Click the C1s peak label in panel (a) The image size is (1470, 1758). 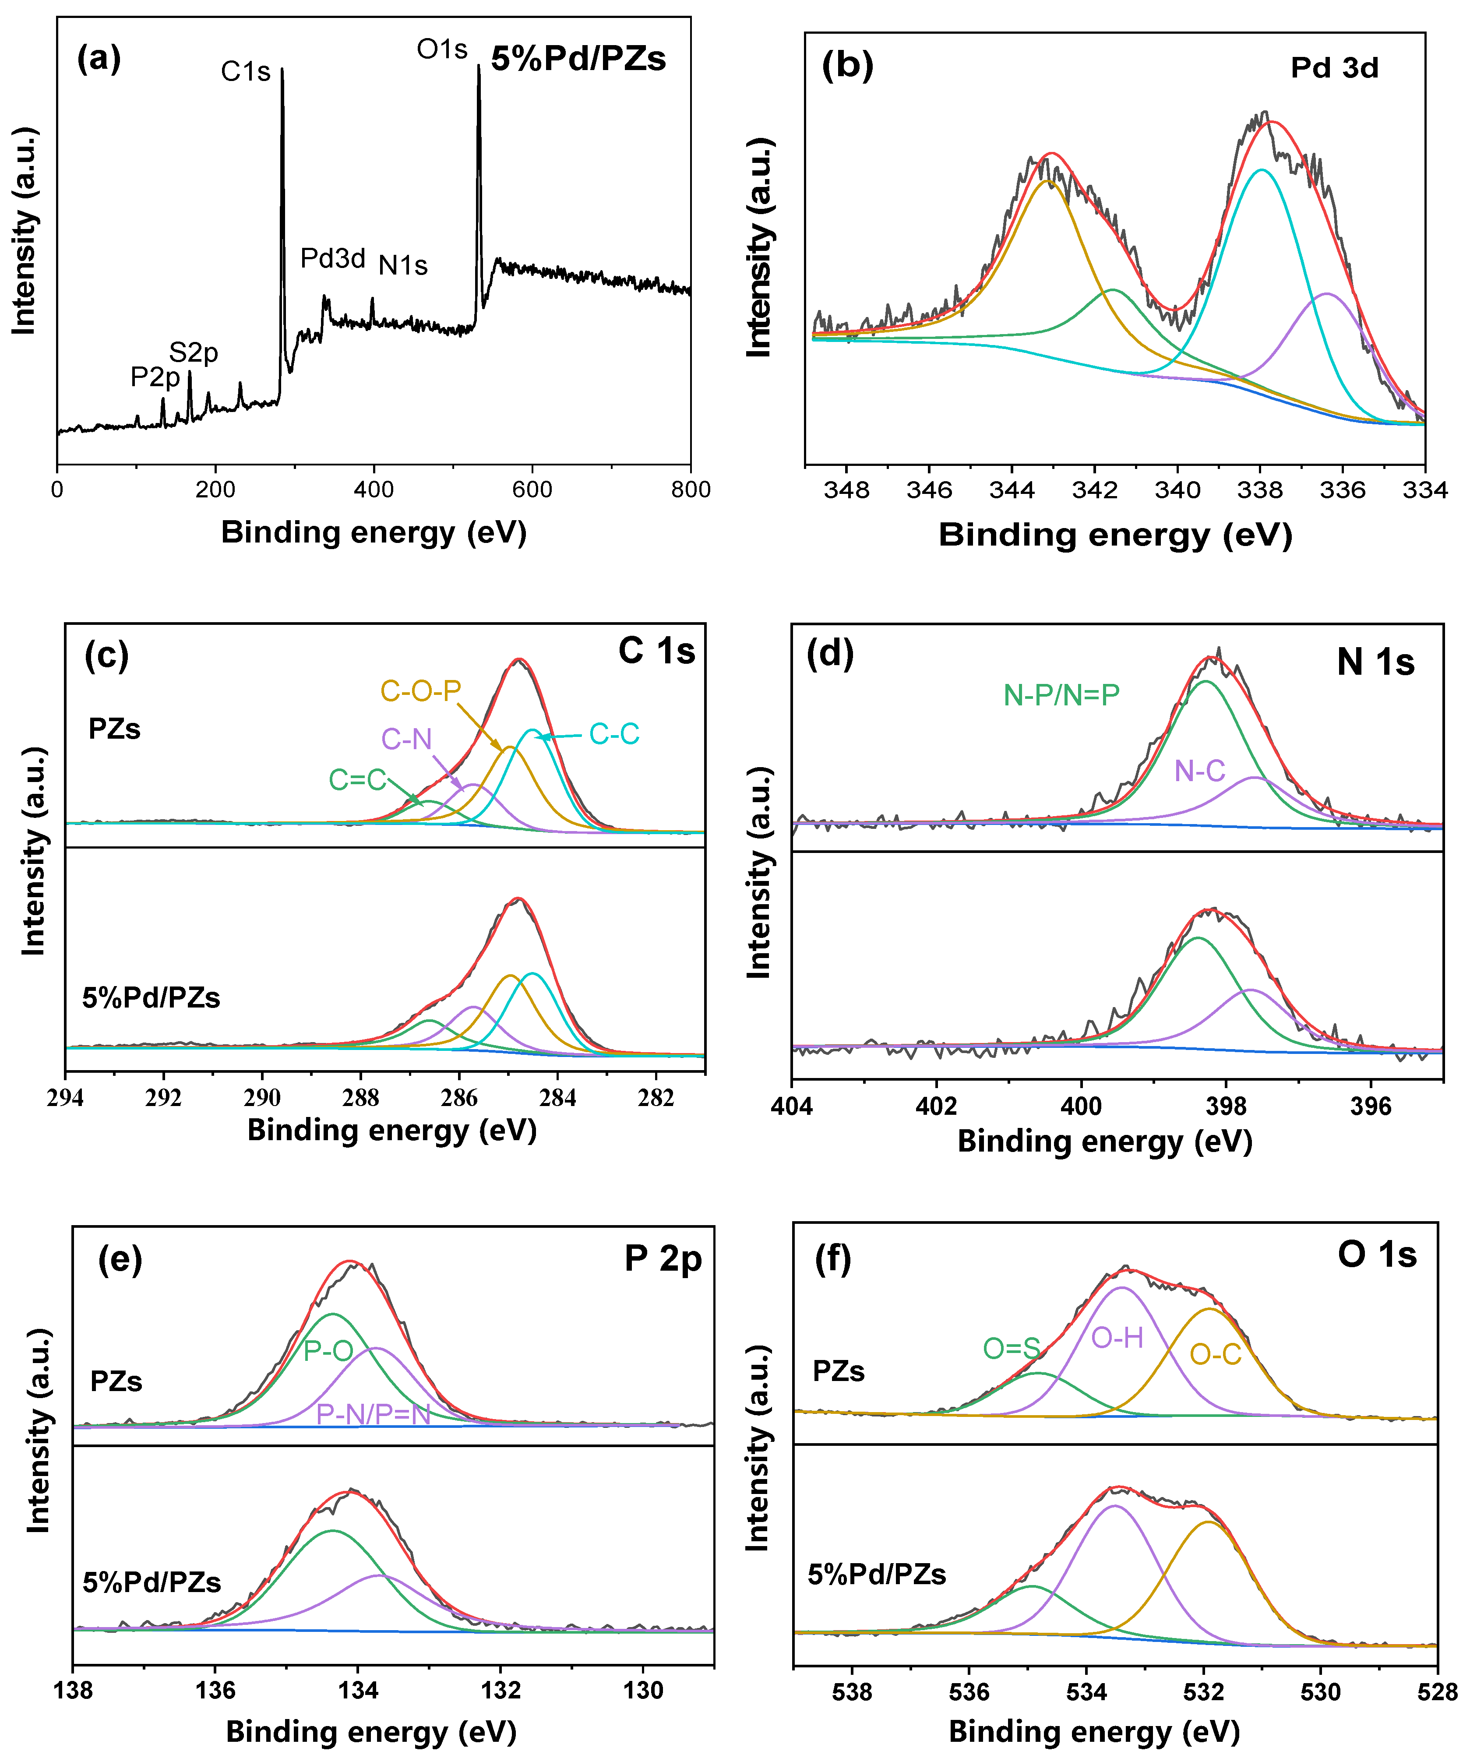coord(245,71)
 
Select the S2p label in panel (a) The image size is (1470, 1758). coord(194,352)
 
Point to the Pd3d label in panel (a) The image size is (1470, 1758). coord(332,259)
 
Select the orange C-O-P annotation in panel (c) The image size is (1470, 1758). coord(420,691)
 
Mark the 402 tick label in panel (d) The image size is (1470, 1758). coord(936,1107)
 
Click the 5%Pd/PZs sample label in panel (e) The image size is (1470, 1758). coord(152,1582)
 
